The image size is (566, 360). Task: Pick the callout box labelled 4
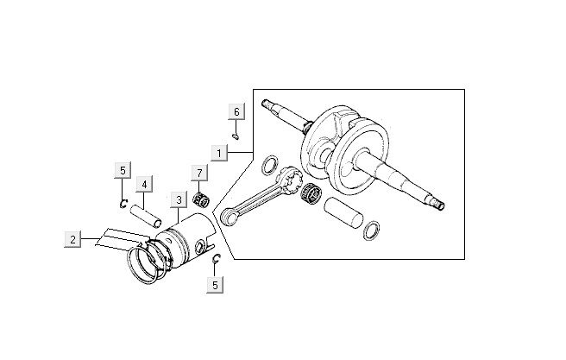point(144,183)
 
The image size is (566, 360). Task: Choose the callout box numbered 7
point(199,174)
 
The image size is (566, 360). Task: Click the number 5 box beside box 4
point(123,169)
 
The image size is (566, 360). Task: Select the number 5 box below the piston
point(216,282)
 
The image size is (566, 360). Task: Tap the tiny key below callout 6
point(237,135)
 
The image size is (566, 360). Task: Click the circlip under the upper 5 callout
point(124,203)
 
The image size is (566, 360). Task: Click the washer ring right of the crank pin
point(374,229)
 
